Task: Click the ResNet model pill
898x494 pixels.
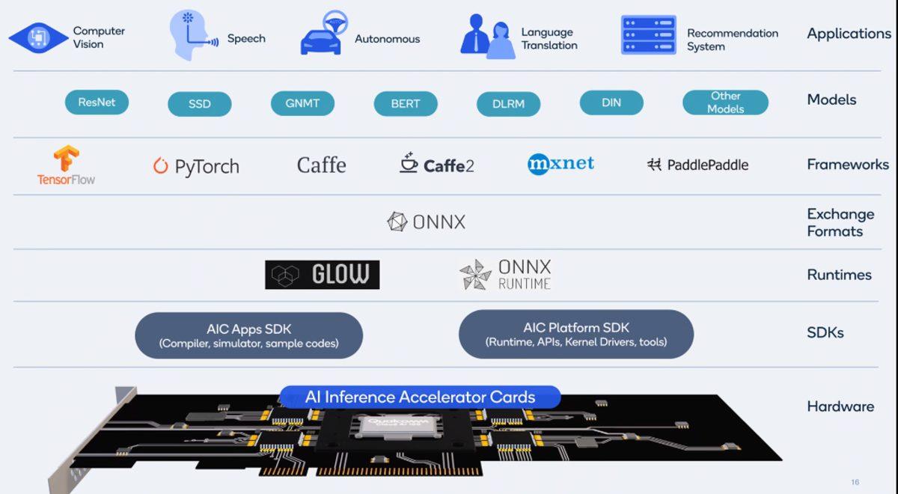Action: [x=97, y=103]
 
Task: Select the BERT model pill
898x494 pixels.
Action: [x=405, y=104]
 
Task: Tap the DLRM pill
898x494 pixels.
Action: [x=508, y=104]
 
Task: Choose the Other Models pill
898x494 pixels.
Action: [x=725, y=103]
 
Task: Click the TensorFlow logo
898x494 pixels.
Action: [x=66, y=165]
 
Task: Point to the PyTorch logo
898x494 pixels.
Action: [x=196, y=166]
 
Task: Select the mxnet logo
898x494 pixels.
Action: [x=561, y=164]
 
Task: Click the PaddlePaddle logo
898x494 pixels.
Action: [x=697, y=165]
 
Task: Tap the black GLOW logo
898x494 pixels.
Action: [x=322, y=275]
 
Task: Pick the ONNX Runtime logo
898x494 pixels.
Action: [x=505, y=275]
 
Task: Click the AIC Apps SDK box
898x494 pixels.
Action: [x=248, y=335]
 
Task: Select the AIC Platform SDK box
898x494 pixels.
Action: [x=575, y=335]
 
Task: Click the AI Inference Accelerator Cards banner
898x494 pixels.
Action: [x=420, y=397]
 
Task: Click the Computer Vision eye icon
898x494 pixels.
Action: [x=37, y=37]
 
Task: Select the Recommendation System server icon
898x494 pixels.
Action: [x=648, y=35]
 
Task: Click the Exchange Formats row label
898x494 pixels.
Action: [x=840, y=222]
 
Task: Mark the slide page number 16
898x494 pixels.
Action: [x=855, y=482]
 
